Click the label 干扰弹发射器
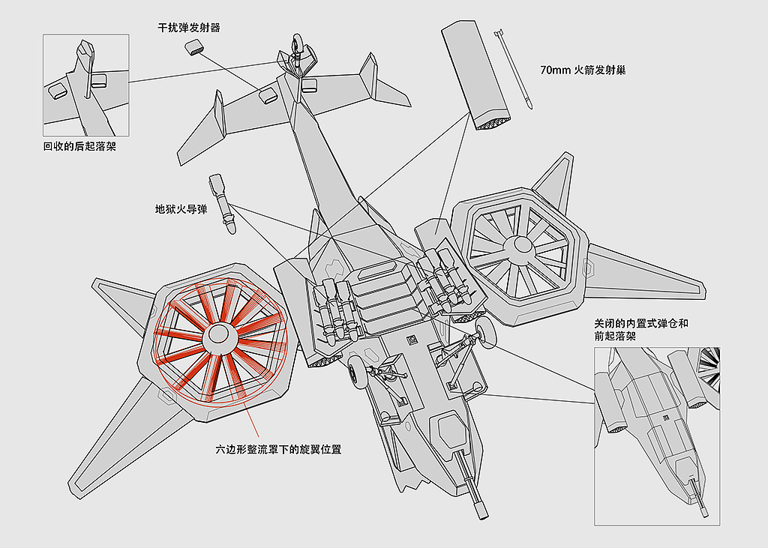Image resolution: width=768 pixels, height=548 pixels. (188, 28)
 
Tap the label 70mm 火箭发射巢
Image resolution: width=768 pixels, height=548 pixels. (583, 70)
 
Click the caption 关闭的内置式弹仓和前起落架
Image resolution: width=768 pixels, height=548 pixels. (641, 329)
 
